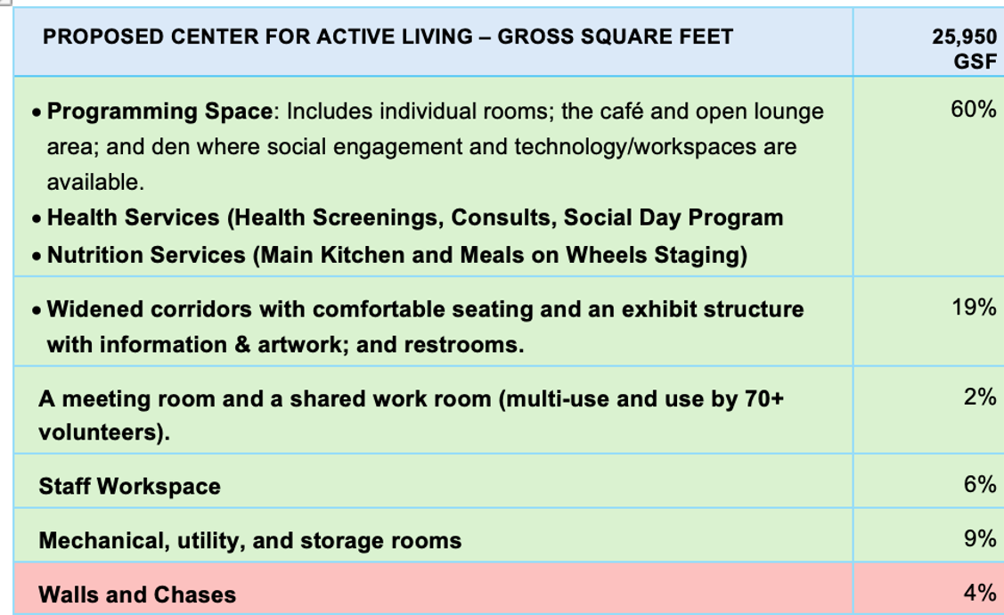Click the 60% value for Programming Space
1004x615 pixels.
pos(973,110)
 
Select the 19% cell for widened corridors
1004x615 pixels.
pos(974,307)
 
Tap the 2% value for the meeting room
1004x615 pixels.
pos(980,398)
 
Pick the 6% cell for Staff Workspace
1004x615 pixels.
pos(980,484)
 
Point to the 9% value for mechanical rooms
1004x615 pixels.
pos(980,538)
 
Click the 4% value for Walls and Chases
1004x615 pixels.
pos(980,593)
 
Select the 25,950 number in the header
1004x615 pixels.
pos(964,37)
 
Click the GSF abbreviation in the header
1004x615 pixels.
pos(975,61)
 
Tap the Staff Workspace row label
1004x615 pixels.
pos(129,487)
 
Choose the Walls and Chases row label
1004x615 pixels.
pos(137,595)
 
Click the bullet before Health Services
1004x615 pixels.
pos(37,219)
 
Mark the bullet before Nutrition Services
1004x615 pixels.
pos(37,257)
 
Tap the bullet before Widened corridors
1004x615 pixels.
pos(37,311)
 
